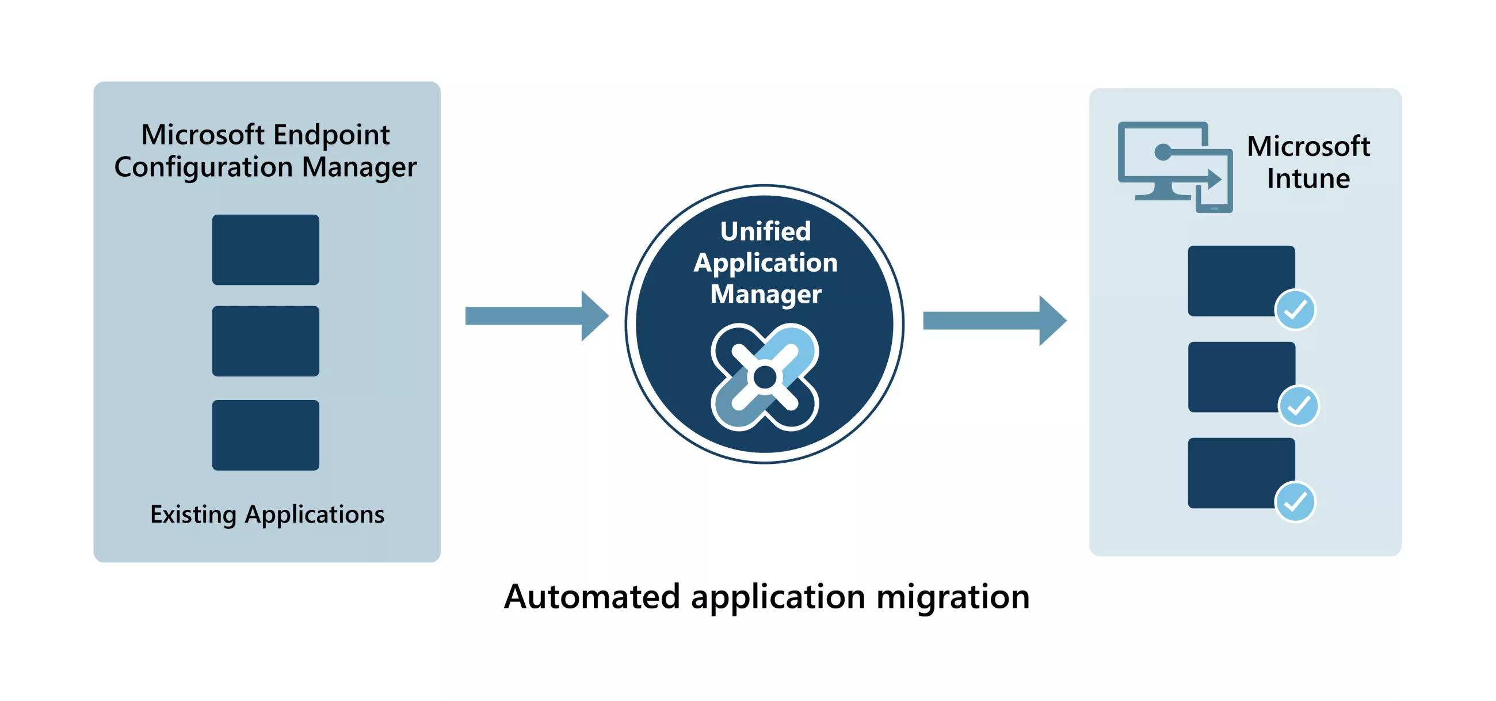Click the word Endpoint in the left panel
(x=331, y=135)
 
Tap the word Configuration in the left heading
(x=203, y=167)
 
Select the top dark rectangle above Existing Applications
(x=265, y=250)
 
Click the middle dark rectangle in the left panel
(x=265, y=341)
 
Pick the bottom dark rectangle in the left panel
(x=265, y=435)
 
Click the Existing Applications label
(x=267, y=515)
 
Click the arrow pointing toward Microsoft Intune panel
(x=993, y=321)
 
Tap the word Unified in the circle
(x=765, y=231)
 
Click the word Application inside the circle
(x=765, y=262)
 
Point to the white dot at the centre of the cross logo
(x=765, y=378)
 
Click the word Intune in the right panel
(x=1308, y=178)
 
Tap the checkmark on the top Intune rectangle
(x=1295, y=310)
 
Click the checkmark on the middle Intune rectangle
(x=1299, y=405)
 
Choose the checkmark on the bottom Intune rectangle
(x=1295, y=502)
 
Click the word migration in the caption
(x=952, y=596)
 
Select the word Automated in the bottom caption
(x=591, y=596)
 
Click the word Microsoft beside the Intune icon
(x=1308, y=146)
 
